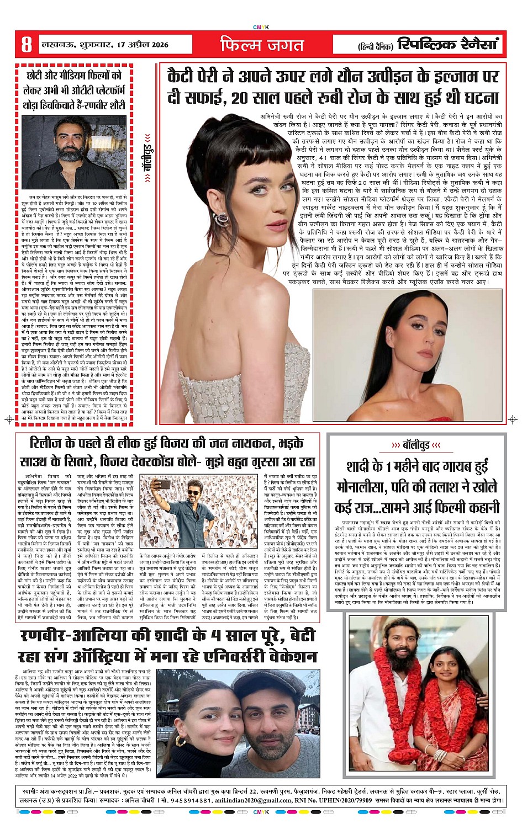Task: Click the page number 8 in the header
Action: coord(26,44)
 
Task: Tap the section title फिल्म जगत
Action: coord(262,45)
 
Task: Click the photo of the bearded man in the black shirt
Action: coord(75,152)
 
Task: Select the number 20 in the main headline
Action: coord(239,98)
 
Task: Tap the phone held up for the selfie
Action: coord(164,484)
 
